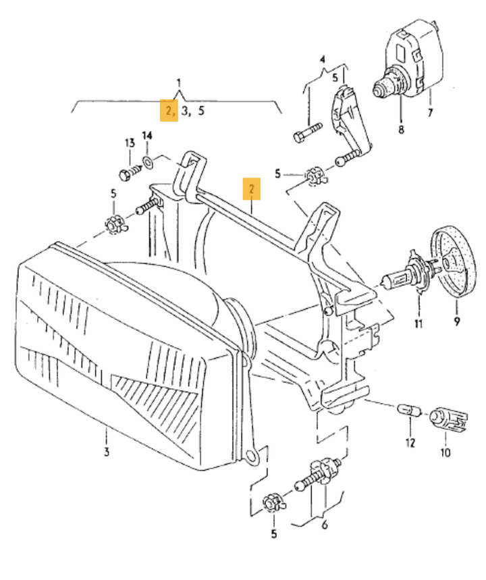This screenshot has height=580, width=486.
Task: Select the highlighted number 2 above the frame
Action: click(252, 188)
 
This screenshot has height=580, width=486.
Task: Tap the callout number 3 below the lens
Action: click(107, 452)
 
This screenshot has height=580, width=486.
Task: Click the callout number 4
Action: click(323, 59)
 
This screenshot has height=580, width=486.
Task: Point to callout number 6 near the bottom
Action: click(325, 524)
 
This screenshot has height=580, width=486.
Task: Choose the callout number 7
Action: click(430, 113)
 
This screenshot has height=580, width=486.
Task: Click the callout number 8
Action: click(402, 130)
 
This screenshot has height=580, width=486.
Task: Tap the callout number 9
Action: click(457, 321)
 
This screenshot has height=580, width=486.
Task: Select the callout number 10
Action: click(446, 452)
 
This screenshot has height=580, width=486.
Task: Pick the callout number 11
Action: click(418, 323)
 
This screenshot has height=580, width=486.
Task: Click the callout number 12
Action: click(410, 442)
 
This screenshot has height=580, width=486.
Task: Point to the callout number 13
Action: click(130, 142)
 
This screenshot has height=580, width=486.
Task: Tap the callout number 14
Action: click(147, 136)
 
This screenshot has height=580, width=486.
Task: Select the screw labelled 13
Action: click(130, 172)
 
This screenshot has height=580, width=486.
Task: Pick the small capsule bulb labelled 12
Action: click(408, 411)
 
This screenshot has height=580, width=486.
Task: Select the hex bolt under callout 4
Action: click(308, 132)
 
